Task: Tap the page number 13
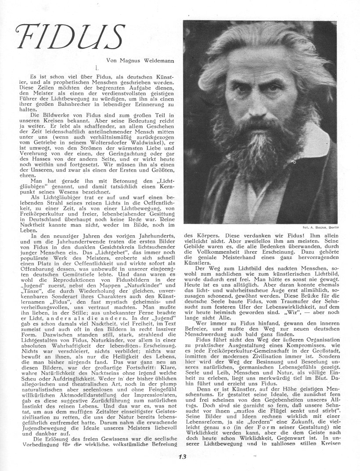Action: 183,457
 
